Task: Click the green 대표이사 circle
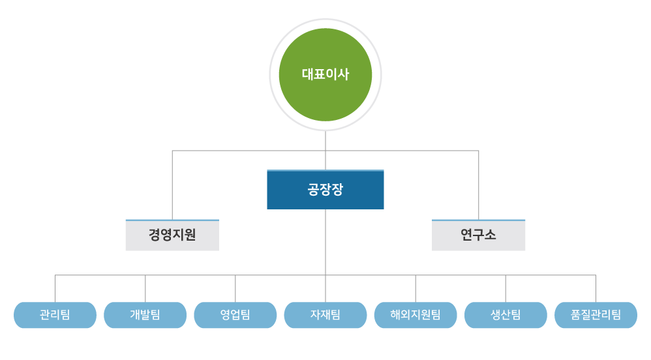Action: pos(325,74)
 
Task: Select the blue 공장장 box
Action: pos(325,190)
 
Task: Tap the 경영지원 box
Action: pos(172,235)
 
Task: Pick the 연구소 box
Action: pos(479,235)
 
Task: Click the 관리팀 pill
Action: pos(55,315)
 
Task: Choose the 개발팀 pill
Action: pos(145,315)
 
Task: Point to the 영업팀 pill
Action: pos(235,315)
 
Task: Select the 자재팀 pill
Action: pos(325,315)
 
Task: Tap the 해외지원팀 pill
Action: pos(416,315)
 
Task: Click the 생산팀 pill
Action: pos(506,315)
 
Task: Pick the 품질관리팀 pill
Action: pos(596,315)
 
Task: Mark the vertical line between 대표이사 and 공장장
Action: pos(325,150)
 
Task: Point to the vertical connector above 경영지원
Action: pos(172,186)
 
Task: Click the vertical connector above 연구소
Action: pos(479,186)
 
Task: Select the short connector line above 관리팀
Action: pos(55,288)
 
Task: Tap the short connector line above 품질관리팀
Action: pos(596,288)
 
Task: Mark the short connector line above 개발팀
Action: pos(145,288)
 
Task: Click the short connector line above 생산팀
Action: pos(506,288)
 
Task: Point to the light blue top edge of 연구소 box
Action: pos(479,220)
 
